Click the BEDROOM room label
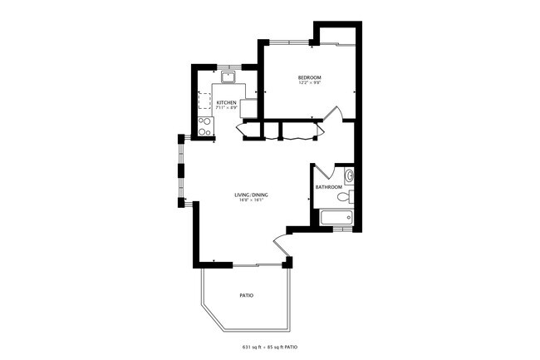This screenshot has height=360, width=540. point(310,78)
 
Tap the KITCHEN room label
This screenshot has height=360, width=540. point(227,102)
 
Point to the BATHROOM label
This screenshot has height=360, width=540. point(329,187)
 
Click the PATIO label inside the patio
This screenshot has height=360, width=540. point(246,295)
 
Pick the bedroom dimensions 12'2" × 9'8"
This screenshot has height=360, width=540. point(310,84)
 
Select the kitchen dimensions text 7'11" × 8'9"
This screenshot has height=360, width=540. point(227,108)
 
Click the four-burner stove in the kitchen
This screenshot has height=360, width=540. point(204,126)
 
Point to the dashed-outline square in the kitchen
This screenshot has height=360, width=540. point(204,101)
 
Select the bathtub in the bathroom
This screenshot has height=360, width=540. point(336,218)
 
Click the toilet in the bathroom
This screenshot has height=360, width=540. point(351,197)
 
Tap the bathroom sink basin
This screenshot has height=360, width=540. point(349,175)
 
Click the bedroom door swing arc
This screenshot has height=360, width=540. point(334,114)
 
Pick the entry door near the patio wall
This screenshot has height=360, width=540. point(282,245)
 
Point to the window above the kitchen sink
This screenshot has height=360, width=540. point(228,65)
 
